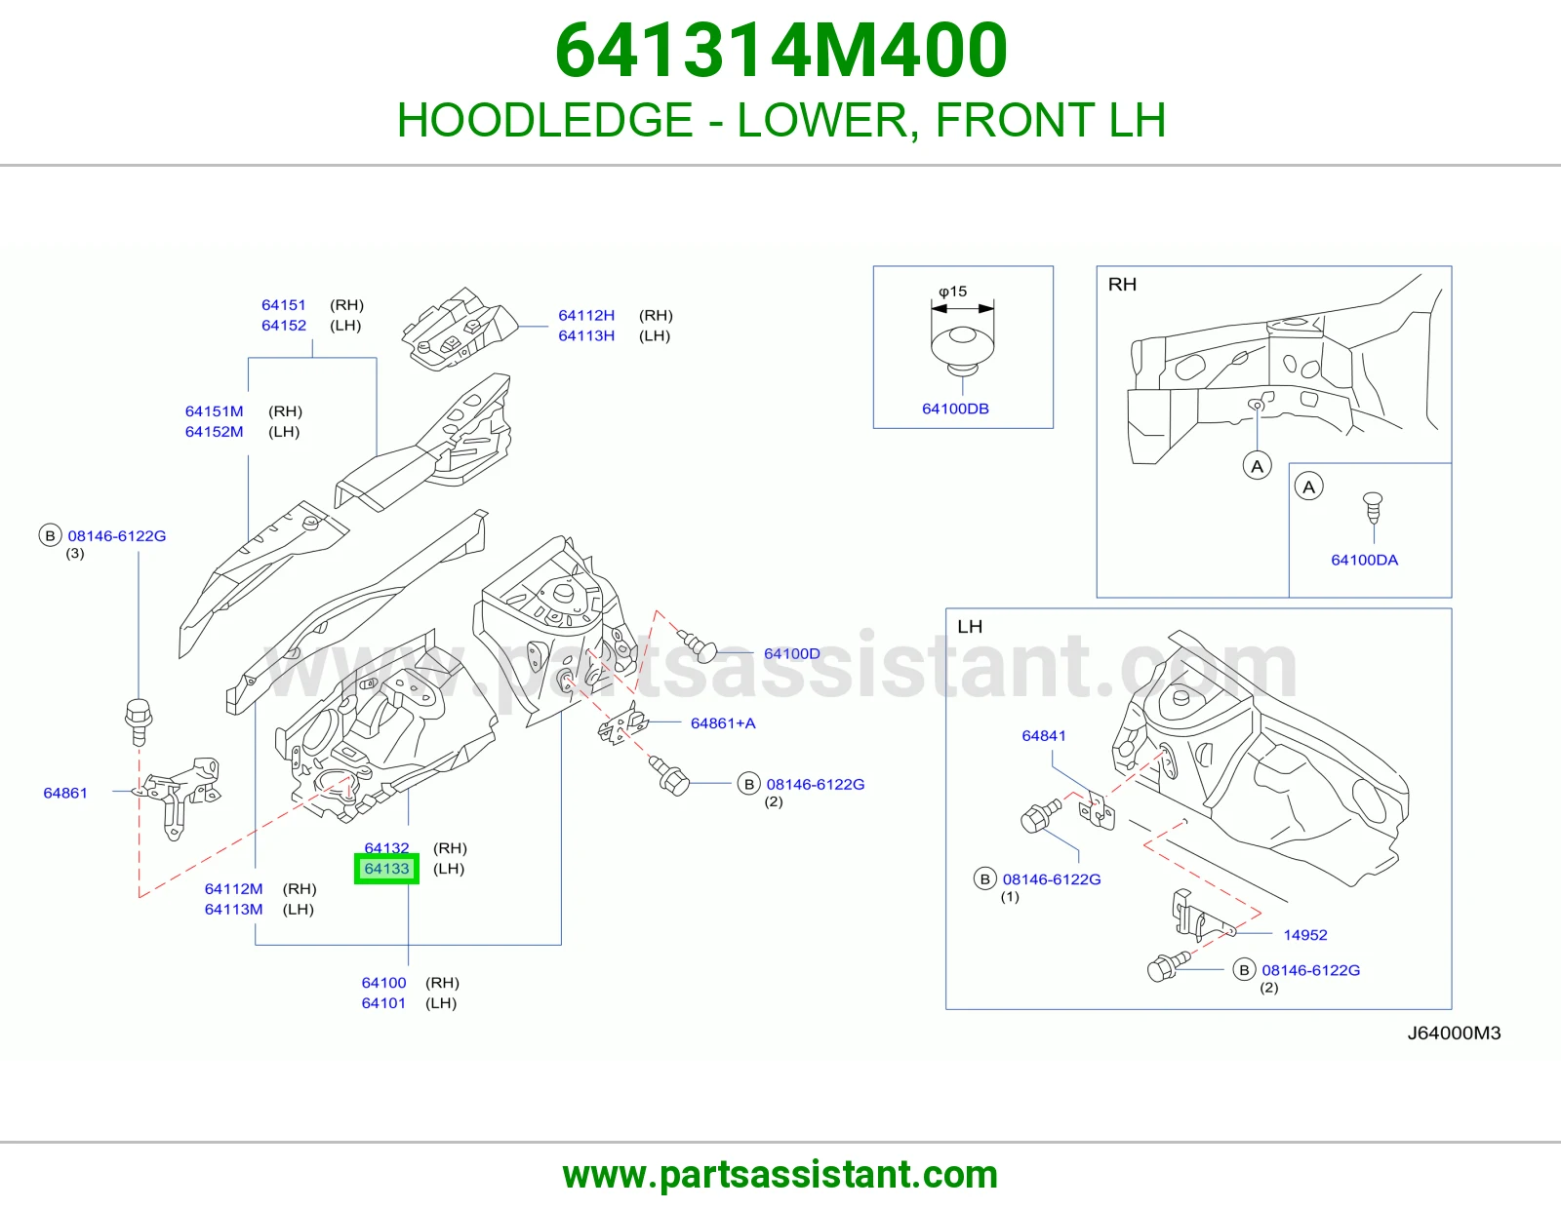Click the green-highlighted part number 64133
tap(386, 869)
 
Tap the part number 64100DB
tap(955, 409)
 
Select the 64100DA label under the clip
tap(1364, 560)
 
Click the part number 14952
tap(1305, 935)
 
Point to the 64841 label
tap(1044, 735)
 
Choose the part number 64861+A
tap(723, 722)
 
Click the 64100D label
tap(791, 653)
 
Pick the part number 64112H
tap(586, 315)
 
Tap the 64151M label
tap(214, 411)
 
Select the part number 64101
tap(383, 1003)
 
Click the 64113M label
tap(233, 909)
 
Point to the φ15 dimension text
tap(952, 292)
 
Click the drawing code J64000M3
tap(1454, 1033)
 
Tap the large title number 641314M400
tap(780, 51)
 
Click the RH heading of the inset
tap(1122, 285)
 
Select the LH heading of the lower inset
tap(970, 627)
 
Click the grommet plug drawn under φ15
tap(963, 351)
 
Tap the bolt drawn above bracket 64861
tap(139, 721)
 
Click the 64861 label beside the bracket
tap(64, 793)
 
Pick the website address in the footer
tap(780, 1175)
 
